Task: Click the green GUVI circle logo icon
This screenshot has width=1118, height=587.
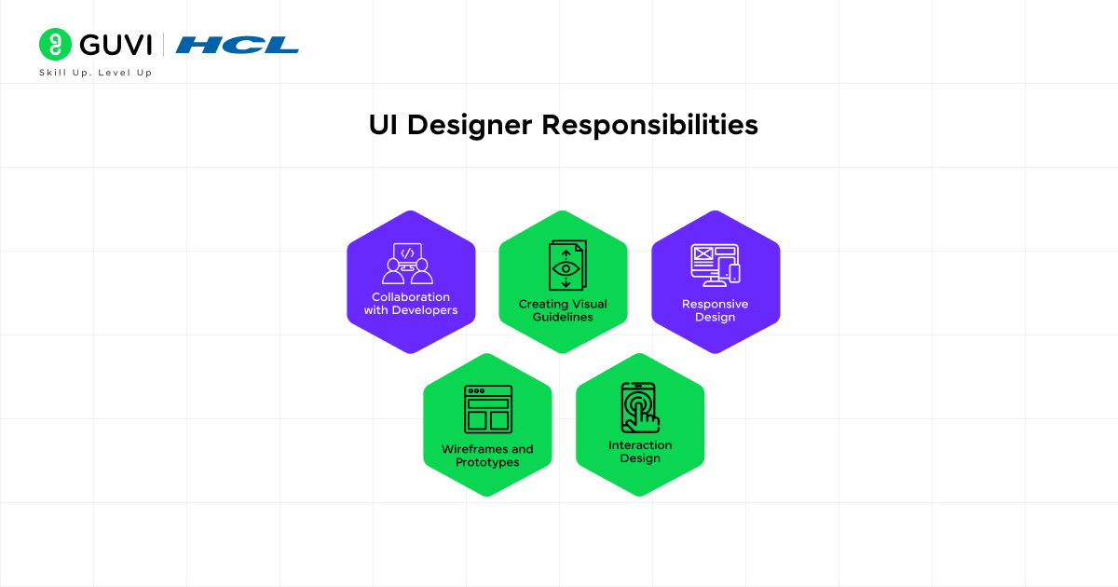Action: click(x=56, y=45)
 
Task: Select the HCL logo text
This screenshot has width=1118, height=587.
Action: click(x=238, y=45)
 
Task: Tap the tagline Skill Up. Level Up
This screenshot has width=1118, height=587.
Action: click(x=95, y=73)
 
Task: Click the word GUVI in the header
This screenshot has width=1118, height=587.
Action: click(x=116, y=45)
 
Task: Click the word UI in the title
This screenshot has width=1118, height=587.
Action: click(x=382, y=125)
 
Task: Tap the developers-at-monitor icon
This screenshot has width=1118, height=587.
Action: click(x=408, y=263)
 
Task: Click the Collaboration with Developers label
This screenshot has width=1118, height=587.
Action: click(x=411, y=304)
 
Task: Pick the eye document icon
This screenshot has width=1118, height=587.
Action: click(x=566, y=266)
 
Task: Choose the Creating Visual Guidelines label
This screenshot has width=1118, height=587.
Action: click(x=563, y=310)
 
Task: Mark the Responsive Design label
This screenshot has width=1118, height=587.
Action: click(x=715, y=310)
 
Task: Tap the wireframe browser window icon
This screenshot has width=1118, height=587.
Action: click(x=488, y=408)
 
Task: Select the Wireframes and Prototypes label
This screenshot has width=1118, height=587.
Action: click(x=487, y=456)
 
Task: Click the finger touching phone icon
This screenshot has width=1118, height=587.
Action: click(x=640, y=407)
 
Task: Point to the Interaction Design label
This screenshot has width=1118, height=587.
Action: click(x=640, y=451)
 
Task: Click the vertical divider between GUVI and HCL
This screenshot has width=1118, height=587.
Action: click(x=164, y=45)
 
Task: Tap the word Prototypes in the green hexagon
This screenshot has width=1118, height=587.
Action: click(x=487, y=463)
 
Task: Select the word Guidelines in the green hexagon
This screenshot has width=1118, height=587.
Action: click(x=563, y=318)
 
